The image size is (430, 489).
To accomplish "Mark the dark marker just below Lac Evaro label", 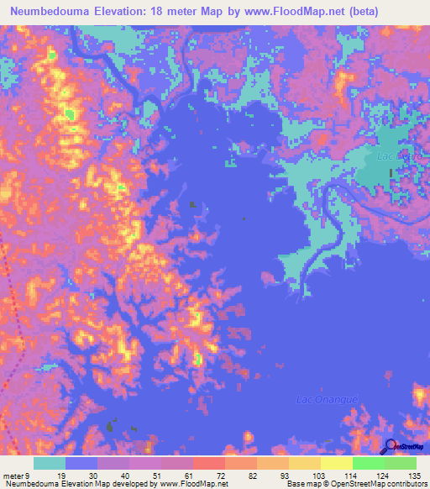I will pos(391,172).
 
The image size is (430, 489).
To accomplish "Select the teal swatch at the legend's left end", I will pos(50,463).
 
